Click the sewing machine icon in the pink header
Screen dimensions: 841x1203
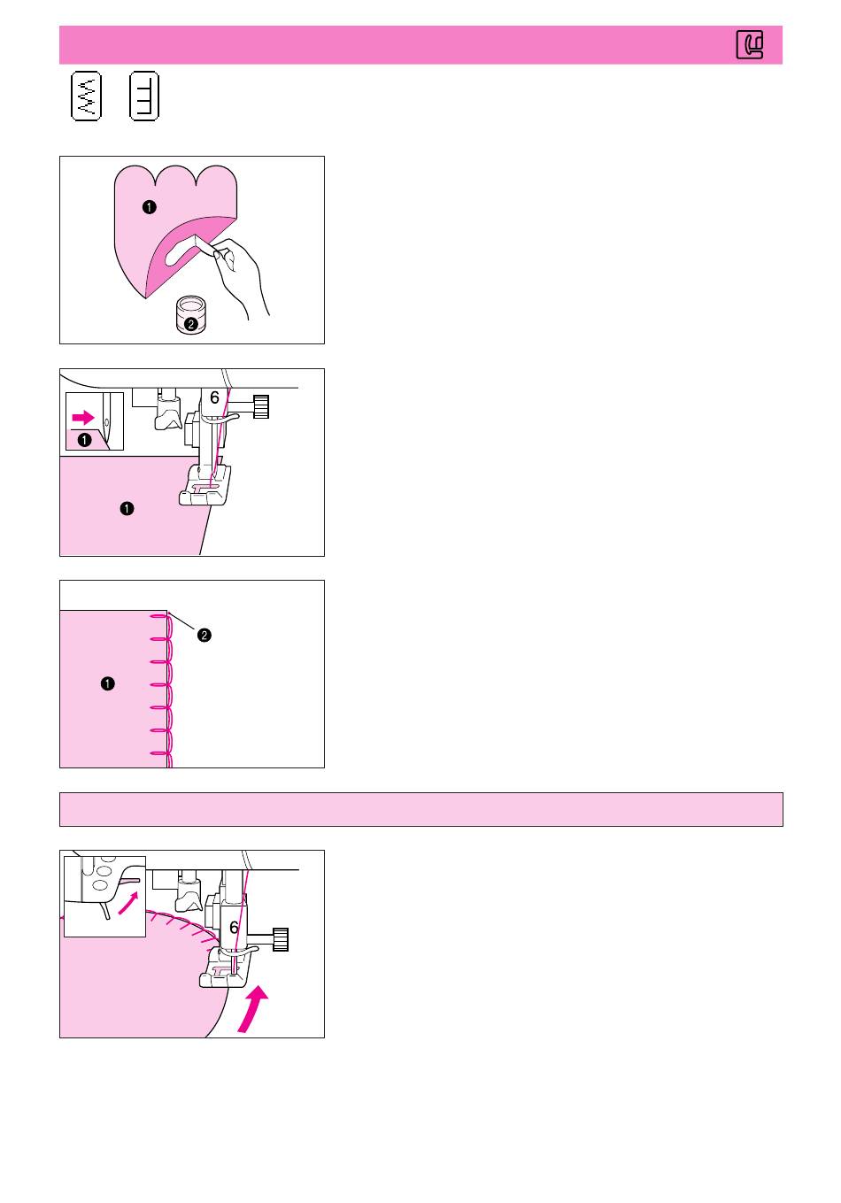749,44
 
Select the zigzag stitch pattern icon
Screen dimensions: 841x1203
86,96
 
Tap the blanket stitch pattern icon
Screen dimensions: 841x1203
144,96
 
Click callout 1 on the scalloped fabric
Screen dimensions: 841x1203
150,207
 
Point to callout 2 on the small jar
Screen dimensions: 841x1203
190,324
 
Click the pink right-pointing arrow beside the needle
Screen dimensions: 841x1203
83,417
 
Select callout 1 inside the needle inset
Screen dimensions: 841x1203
84,440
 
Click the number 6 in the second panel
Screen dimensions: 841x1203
214,398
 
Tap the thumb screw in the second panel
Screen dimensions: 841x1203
261,406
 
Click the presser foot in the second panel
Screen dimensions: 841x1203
205,485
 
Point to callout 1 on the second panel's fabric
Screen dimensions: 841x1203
127,509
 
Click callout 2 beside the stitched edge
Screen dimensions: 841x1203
204,636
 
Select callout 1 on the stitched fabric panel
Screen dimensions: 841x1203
107,683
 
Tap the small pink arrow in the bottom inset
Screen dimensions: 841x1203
127,903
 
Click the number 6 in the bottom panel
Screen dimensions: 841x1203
234,928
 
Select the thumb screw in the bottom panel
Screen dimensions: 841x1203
281,939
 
